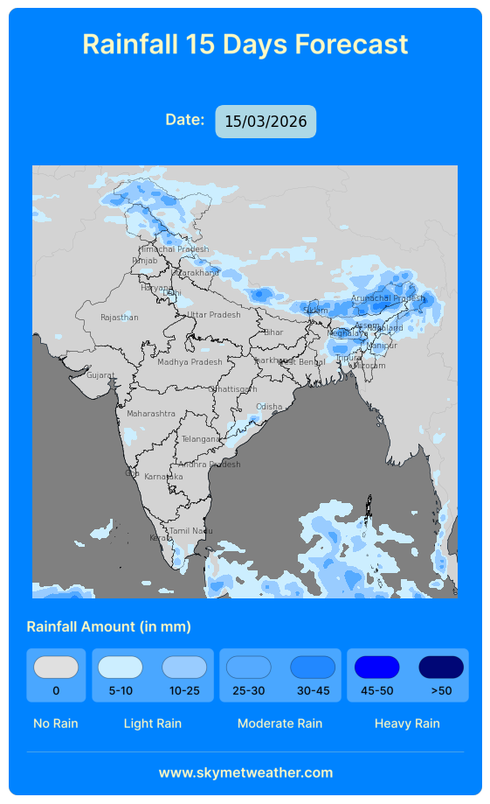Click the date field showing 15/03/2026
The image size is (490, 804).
click(x=266, y=122)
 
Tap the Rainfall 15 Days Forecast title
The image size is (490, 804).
click(x=245, y=44)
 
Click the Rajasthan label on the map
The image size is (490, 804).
click(x=119, y=318)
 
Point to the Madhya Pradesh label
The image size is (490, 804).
click(x=190, y=361)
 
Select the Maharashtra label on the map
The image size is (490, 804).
click(x=151, y=413)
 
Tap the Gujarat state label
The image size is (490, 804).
click(x=100, y=375)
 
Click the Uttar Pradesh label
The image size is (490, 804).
click(x=213, y=315)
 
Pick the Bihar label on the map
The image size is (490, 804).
click(x=273, y=332)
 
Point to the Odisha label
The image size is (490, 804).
click(x=269, y=407)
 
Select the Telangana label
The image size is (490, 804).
click(x=200, y=439)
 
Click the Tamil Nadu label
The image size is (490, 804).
click(x=190, y=531)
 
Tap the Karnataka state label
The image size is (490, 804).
click(x=163, y=477)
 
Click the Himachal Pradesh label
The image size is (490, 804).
click(x=174, y=249)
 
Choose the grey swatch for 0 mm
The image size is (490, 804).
click(x=56, y=668)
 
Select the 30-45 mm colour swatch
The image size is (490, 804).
click(x=313, y=668)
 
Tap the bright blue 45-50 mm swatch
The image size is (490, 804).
click(x=376, y=668)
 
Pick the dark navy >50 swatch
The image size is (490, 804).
click(x=441, y=668)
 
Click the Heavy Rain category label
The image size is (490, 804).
click(x=407, y=724)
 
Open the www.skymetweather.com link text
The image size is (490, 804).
click(x=245, y=773)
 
